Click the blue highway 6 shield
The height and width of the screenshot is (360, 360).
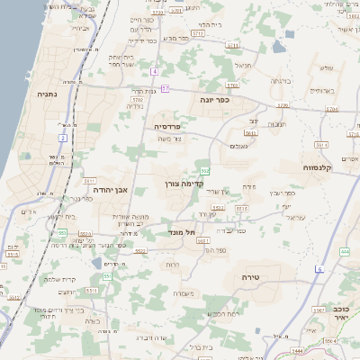point(319,269)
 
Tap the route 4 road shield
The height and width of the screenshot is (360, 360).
point(154,70)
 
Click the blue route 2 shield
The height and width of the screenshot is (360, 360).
point(63,138)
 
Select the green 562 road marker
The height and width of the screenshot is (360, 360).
point(205,170)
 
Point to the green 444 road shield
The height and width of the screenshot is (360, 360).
point(345,252)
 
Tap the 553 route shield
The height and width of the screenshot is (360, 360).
point(62,233)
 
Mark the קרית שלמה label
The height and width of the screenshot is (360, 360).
point(59,279)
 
